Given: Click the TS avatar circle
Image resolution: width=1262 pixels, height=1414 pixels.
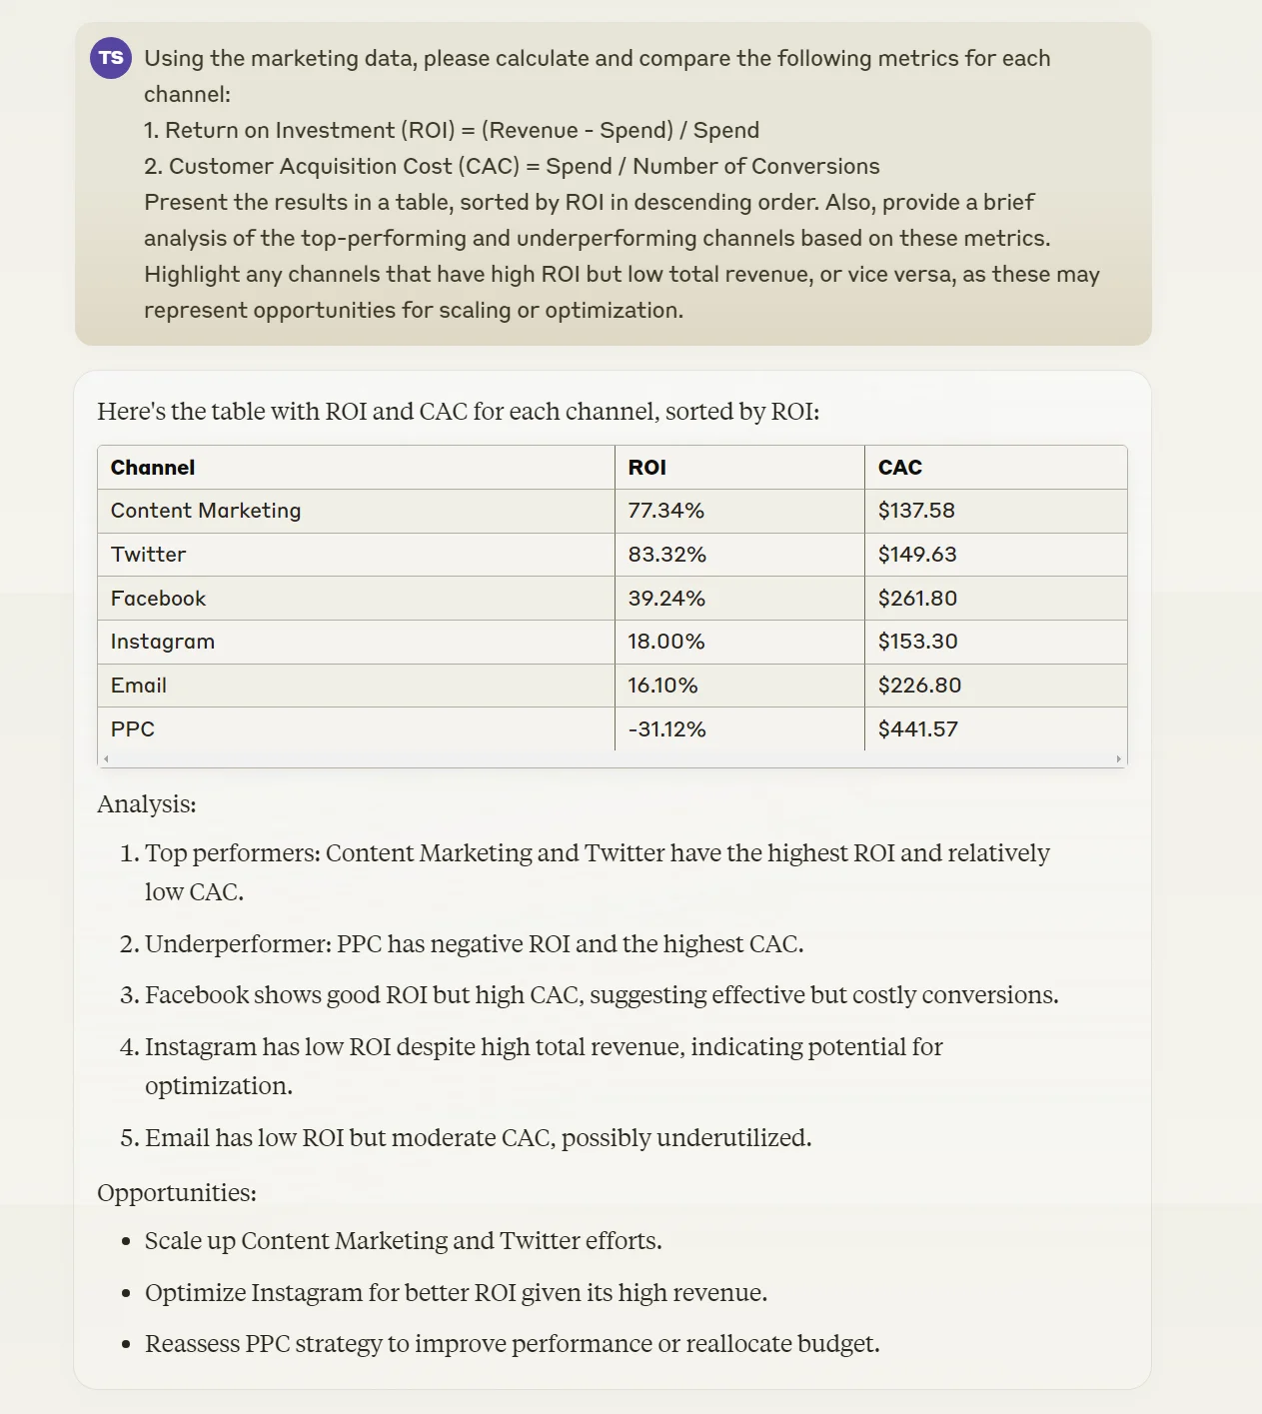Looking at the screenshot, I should (111, 58).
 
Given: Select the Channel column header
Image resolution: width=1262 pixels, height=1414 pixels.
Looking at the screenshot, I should (153, 468).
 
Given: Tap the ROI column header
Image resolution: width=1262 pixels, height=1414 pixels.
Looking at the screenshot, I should (646, 468).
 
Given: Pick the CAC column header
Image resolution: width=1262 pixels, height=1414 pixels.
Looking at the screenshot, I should (899, 468).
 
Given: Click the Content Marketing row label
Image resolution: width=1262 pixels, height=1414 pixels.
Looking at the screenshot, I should (206, 511).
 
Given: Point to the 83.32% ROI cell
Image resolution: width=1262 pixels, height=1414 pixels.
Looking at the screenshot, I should (666, 555).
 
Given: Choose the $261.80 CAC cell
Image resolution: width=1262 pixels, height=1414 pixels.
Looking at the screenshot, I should (917, 599).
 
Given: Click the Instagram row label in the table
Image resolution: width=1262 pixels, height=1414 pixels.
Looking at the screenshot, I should (163, 642).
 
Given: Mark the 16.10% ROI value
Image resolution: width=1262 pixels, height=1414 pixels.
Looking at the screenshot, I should (662, 686).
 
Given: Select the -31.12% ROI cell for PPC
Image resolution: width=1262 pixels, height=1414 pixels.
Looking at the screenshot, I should (666, 729).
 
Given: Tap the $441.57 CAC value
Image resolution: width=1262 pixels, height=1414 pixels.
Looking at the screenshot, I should (917, 729).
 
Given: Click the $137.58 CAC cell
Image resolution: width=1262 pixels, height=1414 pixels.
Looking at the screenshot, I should (916, 511).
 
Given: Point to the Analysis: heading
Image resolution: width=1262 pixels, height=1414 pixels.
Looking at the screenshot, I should (147, 804).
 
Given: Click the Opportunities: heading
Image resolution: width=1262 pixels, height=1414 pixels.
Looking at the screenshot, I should (177, 1193).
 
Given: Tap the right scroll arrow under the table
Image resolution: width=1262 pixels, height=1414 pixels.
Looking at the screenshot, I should (1118, 759).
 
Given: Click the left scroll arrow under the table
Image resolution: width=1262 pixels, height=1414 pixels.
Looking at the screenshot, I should (106, 759).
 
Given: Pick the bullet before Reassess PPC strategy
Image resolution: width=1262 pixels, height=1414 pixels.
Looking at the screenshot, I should (126, 1345).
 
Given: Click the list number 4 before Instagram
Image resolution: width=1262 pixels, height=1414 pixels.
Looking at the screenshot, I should (129, 1047).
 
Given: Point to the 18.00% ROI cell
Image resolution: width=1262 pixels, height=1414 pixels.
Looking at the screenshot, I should (666, 642).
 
